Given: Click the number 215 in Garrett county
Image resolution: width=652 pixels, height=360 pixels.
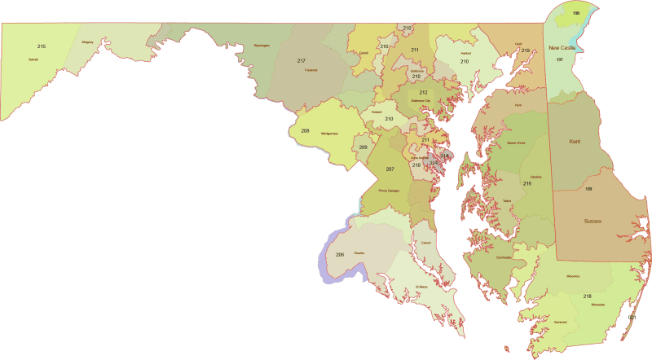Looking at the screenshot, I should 42,46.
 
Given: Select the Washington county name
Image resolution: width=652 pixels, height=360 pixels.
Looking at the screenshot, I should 262,46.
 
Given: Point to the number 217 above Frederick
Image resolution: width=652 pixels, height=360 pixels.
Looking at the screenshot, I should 301,61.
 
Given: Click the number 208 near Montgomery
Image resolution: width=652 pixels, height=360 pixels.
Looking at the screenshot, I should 306,130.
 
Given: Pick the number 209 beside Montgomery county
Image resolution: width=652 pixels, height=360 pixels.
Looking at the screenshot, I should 363,147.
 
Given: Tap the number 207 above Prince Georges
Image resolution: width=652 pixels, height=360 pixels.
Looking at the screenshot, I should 390,169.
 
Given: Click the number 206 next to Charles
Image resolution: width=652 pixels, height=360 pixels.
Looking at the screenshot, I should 340,255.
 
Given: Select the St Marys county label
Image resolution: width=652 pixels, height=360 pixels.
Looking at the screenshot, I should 421,287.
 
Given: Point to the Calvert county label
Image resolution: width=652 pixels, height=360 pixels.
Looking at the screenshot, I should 425,242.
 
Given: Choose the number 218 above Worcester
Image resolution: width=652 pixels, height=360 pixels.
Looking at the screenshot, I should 587,296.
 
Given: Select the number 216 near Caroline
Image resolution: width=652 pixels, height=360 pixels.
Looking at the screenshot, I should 527,183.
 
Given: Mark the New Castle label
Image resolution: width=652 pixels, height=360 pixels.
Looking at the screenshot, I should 562,48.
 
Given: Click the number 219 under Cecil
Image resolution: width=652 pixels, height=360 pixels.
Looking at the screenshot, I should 526,50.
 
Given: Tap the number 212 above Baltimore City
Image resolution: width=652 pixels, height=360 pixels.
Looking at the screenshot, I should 424,93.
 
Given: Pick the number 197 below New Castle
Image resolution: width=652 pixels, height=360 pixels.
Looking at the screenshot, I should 559,59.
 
